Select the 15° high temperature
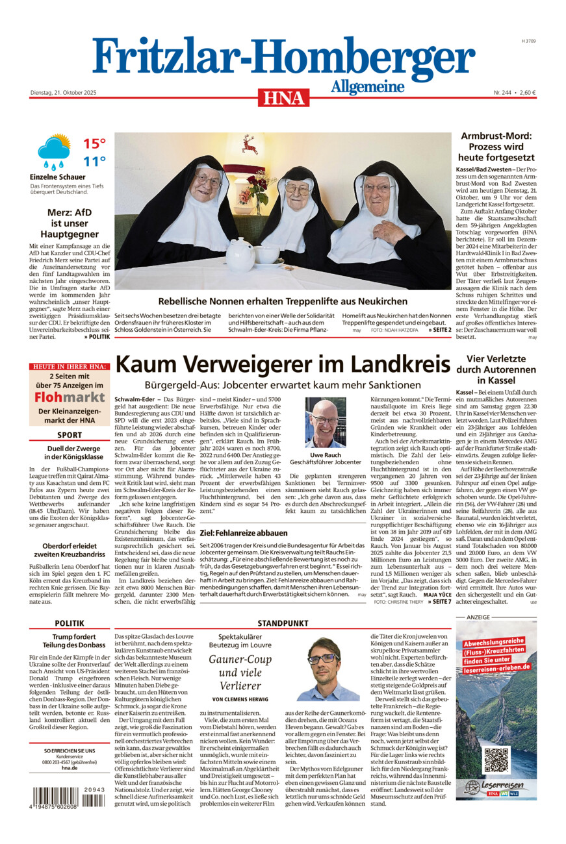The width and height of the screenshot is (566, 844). click(94, 143)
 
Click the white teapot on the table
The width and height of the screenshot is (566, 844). click(240, 251)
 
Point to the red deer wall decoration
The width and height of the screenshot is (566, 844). click(248, 144)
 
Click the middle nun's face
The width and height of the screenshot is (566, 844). click(298, 191)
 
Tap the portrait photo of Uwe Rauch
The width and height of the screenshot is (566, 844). click(326, 423)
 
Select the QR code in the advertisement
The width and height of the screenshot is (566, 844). click(496, 760)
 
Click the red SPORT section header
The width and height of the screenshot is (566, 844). click(70, 435)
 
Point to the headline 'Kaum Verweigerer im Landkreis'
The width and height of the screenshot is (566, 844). click(283, 365)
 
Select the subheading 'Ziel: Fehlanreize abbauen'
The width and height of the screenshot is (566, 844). click(244, 532)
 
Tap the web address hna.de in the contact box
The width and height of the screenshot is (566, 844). click(69, 767)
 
